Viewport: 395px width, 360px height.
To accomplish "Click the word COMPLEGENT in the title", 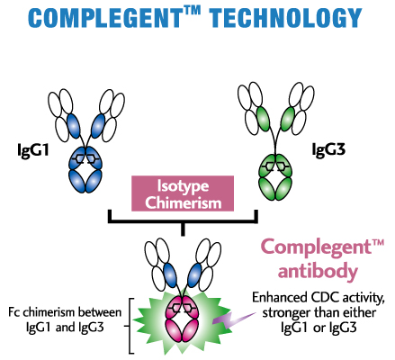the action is coord(104,18).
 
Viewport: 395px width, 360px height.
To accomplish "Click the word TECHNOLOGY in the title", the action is coord(285,18).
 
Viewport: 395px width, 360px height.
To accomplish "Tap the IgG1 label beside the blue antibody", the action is coord(33,150).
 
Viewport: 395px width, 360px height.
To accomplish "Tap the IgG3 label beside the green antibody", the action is coord(328,149).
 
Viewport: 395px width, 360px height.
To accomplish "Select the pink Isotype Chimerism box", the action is coord(183,193).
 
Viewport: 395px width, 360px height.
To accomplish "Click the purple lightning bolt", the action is coord(234,319).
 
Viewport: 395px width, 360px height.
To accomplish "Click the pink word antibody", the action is coord(318,271).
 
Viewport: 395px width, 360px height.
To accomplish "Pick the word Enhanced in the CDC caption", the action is coord(280,298).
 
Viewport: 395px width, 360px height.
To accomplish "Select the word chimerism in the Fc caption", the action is coord(49,312).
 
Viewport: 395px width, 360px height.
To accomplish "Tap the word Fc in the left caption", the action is coord(14,312).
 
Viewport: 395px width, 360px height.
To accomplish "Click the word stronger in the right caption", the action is coord(286,313).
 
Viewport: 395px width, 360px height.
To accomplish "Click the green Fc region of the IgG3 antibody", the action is coord(275,177).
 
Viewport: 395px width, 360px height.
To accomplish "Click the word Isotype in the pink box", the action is coord(183,186).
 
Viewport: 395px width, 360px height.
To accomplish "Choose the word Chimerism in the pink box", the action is coord(184,202).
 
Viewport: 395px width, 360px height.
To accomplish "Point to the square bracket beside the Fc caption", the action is coord(131,326).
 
